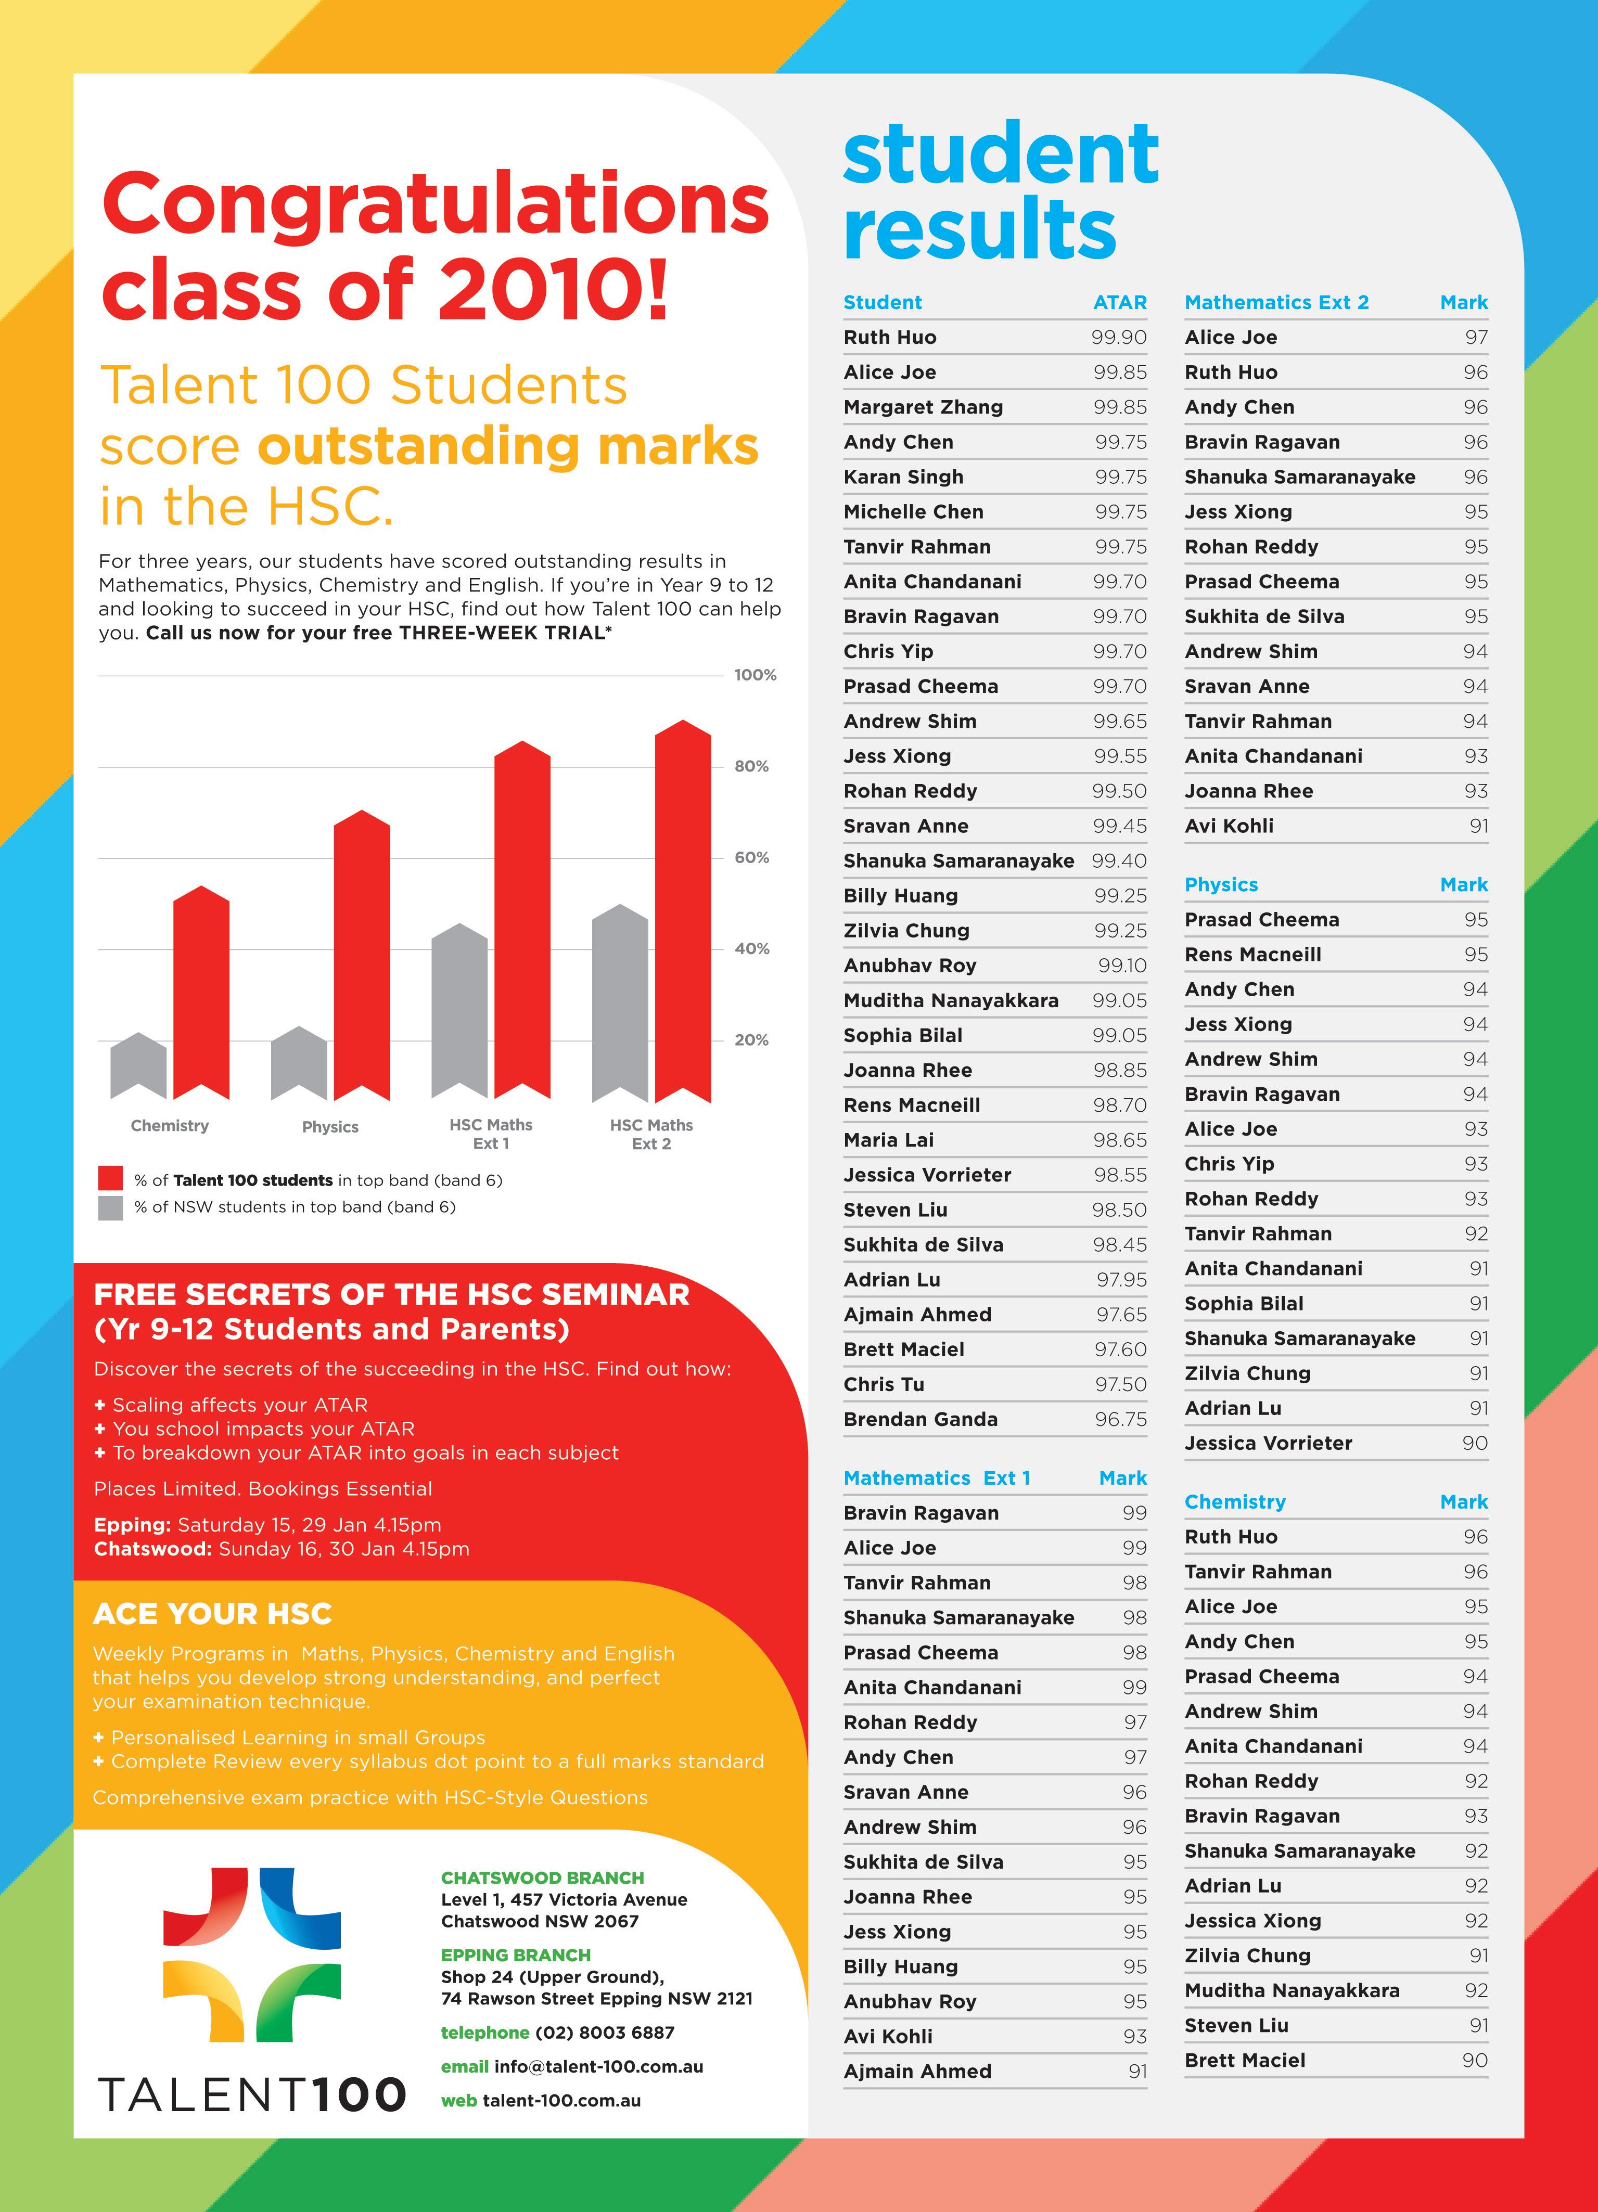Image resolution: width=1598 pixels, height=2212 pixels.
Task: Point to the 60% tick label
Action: coord(751,857)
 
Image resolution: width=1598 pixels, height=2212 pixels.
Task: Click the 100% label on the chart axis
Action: coord(755,675)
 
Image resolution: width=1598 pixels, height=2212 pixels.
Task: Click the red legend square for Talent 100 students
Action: coord(110,1178)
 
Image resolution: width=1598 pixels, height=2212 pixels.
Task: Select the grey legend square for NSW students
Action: coord(110,1207)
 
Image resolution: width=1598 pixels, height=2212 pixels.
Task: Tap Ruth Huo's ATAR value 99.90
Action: coord(1118,338)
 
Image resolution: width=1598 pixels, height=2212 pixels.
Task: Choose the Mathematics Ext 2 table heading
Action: coord(1276,302)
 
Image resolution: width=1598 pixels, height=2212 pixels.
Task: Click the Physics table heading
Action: coord(1220,884)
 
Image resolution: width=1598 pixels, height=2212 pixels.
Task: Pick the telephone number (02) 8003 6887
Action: coord(604,2033)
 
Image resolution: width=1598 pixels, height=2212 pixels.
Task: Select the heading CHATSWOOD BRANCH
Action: coord(542,1877)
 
